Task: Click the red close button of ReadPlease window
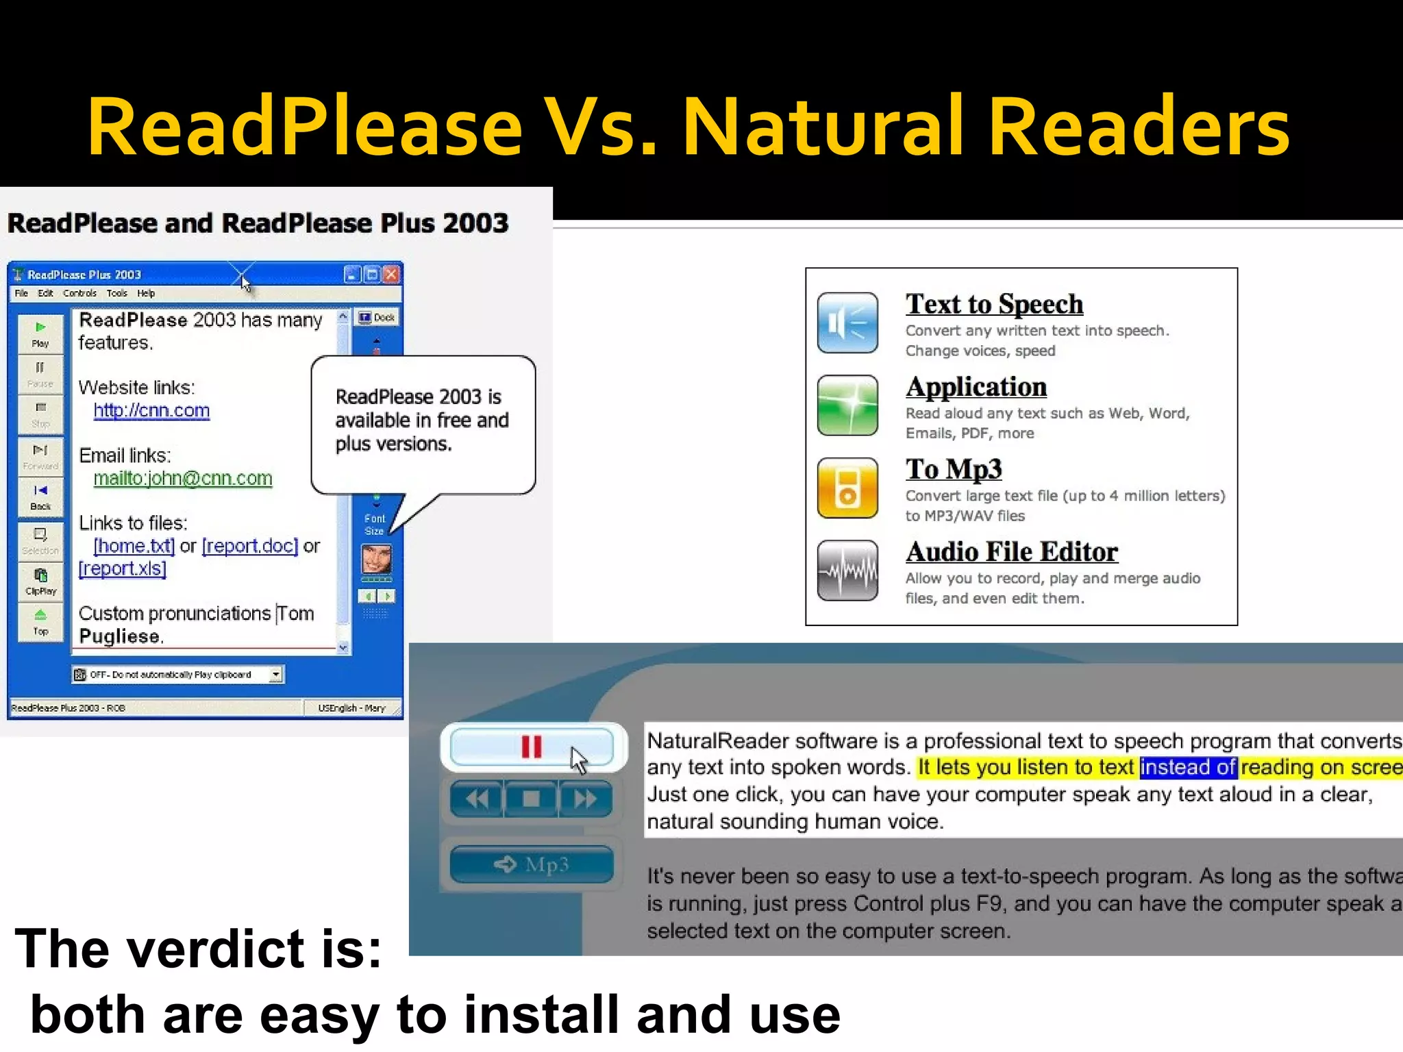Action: [391, 275]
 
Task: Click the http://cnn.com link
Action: [151, 410]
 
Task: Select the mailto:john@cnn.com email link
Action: [183, 478]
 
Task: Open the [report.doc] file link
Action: [250, 546]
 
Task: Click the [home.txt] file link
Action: [134, 546]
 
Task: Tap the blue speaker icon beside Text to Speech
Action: [847, 323]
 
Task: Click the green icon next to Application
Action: [847, 405]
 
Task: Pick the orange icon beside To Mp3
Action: [847, 488]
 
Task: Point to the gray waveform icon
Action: [847, 571]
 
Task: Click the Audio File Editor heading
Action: [1012, 552]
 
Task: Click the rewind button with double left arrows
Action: [477, 799]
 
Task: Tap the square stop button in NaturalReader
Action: [531, 799]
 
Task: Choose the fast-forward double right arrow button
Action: [585, 799]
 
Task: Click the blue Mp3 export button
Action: [532, 864]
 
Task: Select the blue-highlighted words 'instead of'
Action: [1188, 767]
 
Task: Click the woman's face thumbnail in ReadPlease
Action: [376, 560]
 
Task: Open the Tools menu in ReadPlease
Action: [116, 293]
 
